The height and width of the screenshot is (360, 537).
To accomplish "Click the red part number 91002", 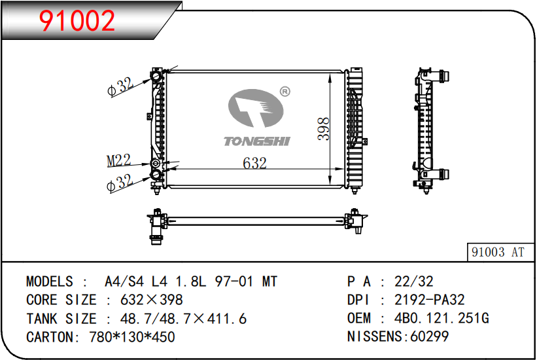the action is coord(77,20).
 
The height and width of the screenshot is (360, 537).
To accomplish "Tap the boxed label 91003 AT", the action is coord(498,253).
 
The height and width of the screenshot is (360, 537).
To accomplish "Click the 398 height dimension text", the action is coord(324,129).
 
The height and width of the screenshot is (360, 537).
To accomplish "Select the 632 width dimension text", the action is coord(254,163).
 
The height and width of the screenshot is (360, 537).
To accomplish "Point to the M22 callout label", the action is coord(119,160).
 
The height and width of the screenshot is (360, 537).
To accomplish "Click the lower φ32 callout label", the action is coord(120,183).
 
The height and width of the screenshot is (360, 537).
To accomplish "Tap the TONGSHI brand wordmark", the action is coord(257,141).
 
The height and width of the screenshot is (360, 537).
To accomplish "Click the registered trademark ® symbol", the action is coord(285,92).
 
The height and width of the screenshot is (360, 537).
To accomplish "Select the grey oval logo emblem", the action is coord(256,108).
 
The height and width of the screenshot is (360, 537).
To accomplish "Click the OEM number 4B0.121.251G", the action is coord(442,318).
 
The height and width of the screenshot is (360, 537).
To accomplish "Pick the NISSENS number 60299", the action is coord(430,336).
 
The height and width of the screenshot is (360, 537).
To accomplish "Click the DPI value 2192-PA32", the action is coord(430,300).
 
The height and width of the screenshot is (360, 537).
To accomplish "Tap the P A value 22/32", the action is coord(414,281).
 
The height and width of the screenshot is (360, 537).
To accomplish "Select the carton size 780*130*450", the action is coord(132,337).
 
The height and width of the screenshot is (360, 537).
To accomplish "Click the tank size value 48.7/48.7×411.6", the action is coord(183,319).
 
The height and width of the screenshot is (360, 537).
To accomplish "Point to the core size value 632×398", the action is coord(151,300).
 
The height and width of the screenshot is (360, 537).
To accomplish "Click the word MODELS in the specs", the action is coord(50,281).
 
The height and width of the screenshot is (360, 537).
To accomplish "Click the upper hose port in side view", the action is coord(441,76).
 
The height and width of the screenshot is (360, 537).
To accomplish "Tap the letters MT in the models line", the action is coord(269,281).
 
